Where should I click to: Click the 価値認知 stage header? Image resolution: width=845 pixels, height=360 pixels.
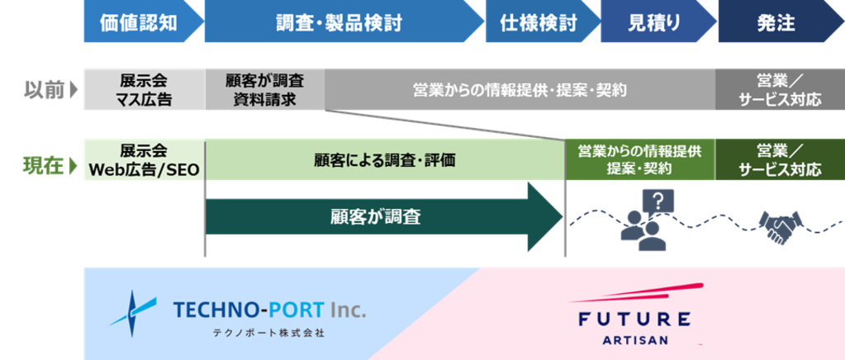coord(138,22)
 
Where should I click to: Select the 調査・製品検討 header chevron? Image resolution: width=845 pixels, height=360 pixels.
coord(339,22)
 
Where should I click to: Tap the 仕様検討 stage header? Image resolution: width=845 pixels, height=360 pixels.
coord(539,22)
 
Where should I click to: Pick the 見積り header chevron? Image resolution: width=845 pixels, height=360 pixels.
coord(654,22)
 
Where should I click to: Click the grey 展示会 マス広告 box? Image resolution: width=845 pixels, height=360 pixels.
coord(144,90)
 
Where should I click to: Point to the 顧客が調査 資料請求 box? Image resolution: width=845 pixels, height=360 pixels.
coord(264,90)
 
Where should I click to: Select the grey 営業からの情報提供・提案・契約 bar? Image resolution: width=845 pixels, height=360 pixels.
coord(520,90)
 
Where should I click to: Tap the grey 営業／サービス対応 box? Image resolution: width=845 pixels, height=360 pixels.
coord(780,90)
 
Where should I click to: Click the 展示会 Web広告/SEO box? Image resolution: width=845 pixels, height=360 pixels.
coord(144,160)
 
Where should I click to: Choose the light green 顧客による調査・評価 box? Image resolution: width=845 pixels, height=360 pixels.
coord(385,160)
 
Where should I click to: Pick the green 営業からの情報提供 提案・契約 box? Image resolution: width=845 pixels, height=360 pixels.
coord(639,160)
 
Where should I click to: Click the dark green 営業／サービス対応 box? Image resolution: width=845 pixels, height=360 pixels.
coord(780,160)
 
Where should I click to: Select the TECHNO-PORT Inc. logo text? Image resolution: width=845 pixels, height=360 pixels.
coord(269,310)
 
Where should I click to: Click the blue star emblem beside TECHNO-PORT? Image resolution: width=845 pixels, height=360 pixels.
coord(133,312)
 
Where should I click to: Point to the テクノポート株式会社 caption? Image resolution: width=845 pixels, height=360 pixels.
coord(269,334)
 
